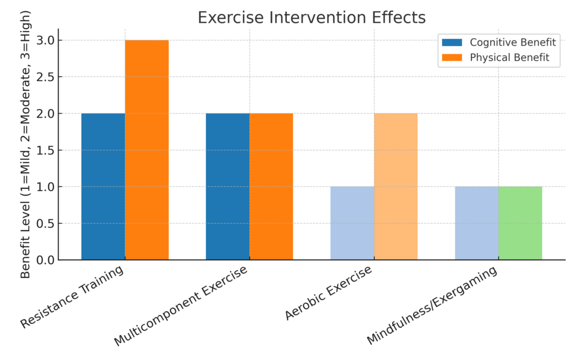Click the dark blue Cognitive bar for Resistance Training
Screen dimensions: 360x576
(103, 186)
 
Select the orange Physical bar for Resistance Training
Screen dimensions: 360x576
(147, 150)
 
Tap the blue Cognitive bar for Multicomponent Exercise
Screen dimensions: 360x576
(227, 186)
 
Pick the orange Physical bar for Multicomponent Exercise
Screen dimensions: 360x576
(271, 186)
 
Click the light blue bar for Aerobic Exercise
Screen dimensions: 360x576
(352, 223)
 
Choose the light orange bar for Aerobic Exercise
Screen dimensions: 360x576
(395, 186)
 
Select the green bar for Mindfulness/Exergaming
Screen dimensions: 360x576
(520, 223)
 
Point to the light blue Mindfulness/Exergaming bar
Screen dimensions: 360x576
(476, 223)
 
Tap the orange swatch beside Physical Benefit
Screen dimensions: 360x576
(452, 57)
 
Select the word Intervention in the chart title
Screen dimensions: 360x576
(312, 17)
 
